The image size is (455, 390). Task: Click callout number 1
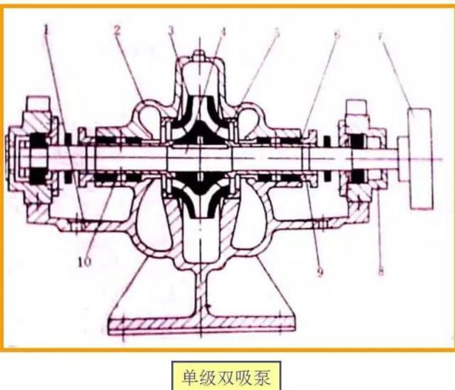(x=47, y=26)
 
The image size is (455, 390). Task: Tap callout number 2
(x=117, y=30)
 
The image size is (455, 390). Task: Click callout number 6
(x=336, y=34)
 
